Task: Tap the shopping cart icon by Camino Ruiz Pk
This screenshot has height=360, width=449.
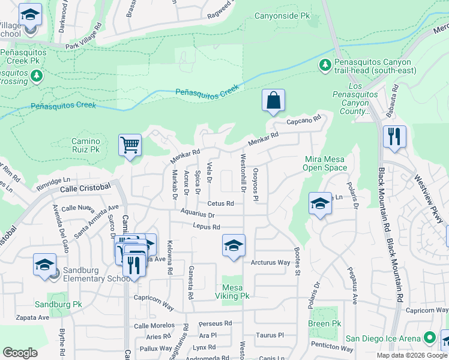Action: [x=130, y=145]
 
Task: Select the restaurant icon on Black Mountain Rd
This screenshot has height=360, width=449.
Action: [x=394, y=136]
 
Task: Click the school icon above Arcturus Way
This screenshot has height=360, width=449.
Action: [x=234, y=245]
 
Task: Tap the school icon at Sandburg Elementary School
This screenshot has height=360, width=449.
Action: [x=44, y=265]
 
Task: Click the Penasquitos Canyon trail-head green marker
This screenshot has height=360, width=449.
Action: [x=325, y=64]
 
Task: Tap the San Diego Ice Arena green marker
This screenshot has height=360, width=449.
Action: [x=429, y=338]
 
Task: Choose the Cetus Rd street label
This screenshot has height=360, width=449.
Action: [x=220, y=203]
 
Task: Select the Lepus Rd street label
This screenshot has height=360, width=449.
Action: [x=206, y=227]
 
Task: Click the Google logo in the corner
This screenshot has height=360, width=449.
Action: [x=20, y=353]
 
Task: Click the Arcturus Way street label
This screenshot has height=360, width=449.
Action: [x=270, y=262]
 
